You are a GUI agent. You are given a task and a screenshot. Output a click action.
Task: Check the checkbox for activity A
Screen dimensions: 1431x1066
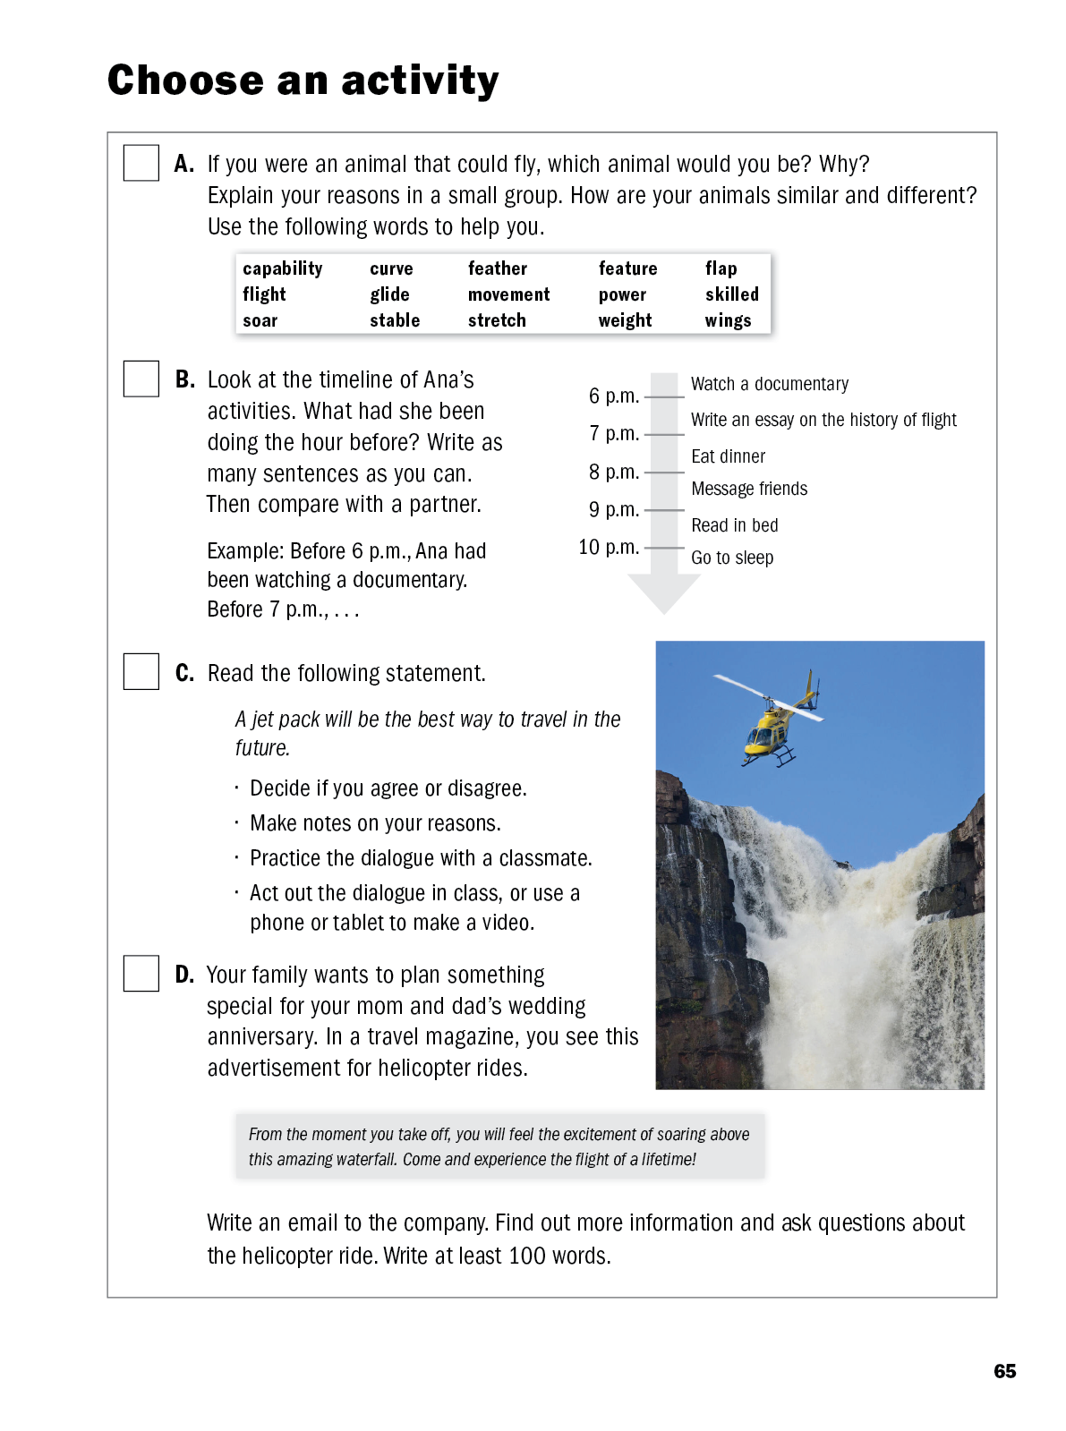tap(141, 163)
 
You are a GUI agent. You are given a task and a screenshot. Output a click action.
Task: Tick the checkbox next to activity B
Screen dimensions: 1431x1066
tap(141, 379)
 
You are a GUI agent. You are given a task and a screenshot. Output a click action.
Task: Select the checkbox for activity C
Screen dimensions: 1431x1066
tap(141, 671)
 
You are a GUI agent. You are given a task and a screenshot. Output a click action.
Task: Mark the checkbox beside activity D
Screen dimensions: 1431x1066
tap(141, 973)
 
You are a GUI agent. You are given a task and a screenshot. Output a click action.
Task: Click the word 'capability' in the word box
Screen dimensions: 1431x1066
tap(282, 268)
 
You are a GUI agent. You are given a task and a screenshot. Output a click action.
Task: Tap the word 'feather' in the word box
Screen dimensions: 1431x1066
tap(497, 268)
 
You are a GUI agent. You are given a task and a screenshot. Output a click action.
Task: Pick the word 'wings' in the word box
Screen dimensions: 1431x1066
tap(728, 320)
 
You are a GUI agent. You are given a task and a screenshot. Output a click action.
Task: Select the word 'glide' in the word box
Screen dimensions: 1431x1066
tap(389, 294)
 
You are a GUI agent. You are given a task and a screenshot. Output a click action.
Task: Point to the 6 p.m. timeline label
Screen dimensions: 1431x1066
tap(613, 396)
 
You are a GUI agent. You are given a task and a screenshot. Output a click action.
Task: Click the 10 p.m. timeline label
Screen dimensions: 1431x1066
tap(608, 547)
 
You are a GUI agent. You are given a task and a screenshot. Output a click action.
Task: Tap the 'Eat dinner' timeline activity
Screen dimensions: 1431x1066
tap(728, 456)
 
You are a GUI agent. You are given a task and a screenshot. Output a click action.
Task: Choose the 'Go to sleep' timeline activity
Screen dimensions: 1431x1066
tap(731, 558)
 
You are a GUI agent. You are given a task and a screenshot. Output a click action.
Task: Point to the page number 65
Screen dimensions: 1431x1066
tap(1004, 1371)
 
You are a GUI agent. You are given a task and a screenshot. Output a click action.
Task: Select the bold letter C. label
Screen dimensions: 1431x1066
tap(184, 673)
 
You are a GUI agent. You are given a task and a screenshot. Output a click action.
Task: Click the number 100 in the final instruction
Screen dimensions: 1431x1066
tap(526, 1256)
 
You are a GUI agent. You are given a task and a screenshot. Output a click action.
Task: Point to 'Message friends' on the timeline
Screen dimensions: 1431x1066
tap(748, 489)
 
